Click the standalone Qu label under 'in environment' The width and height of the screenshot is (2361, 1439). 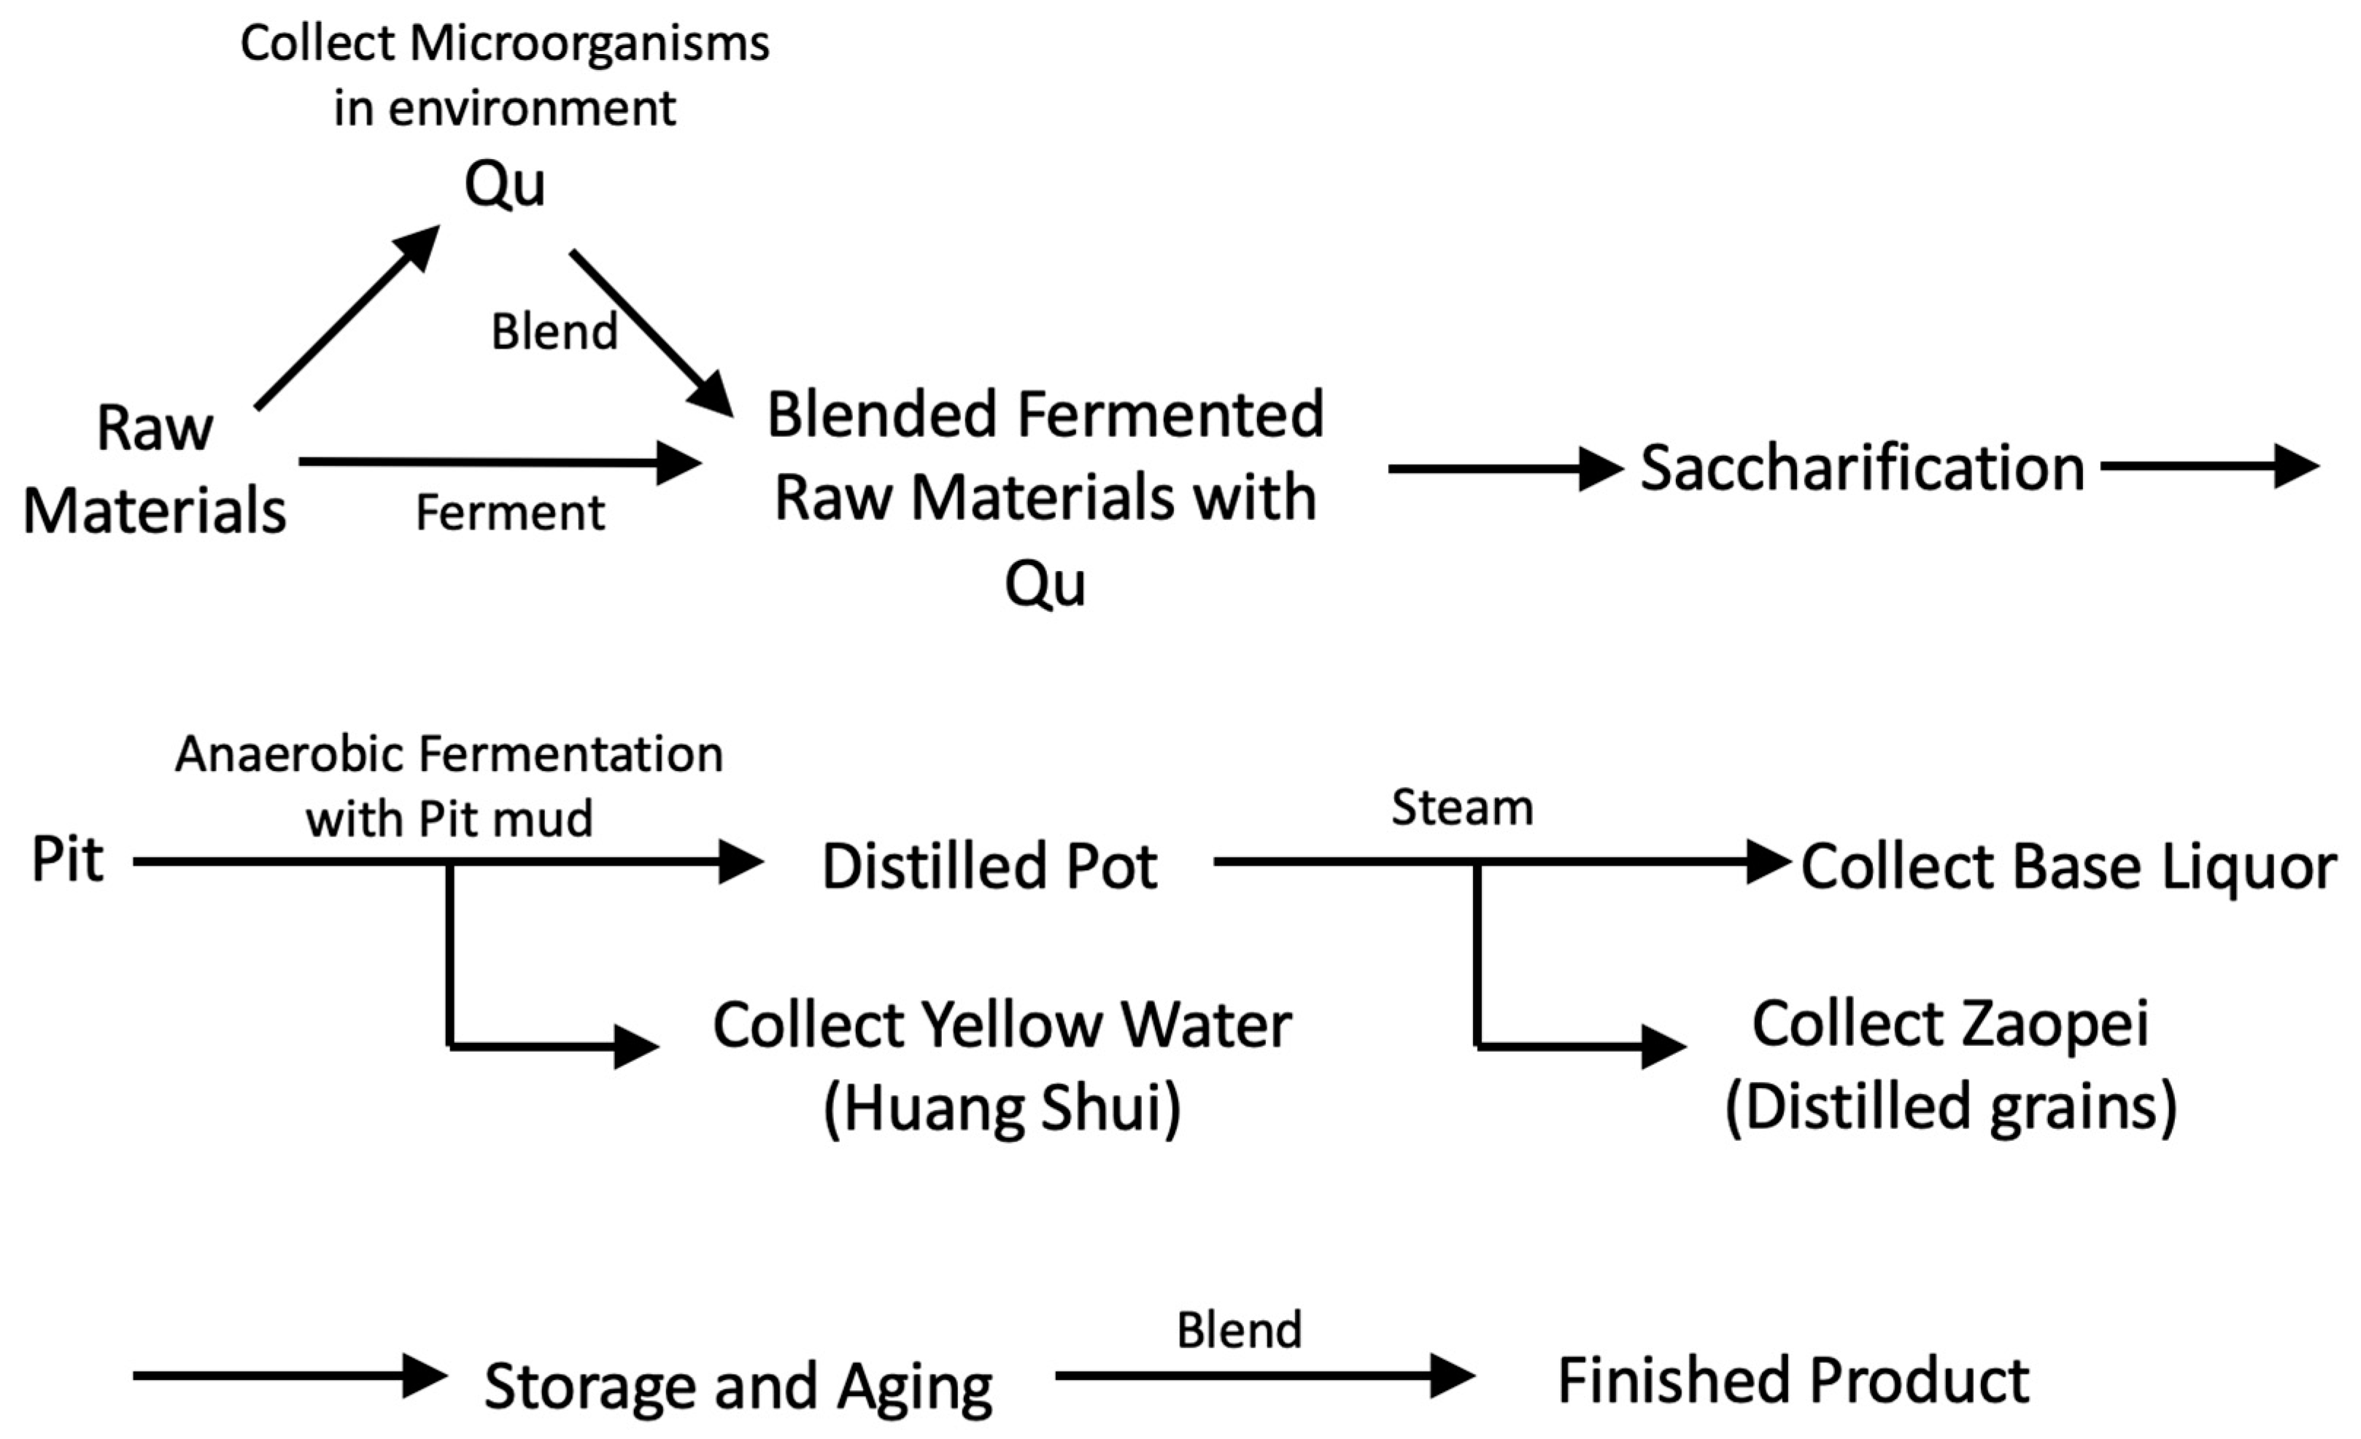(x=505, y=184)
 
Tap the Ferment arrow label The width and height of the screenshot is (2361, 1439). (x=510, y=513)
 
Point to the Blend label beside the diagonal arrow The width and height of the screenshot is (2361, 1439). (x=554, y=333)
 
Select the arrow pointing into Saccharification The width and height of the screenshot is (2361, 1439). (x=1504, y=468)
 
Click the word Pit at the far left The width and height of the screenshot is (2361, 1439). (x=67, y=859)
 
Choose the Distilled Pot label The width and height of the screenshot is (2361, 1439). (x=990, y=866)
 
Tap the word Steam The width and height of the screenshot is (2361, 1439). (x=1461, y=807)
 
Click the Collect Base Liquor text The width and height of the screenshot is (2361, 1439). (x=2068, y=867)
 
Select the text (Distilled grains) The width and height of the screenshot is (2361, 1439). (x=1951, y=1106)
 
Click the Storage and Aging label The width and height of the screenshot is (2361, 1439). (x=738, y=1386)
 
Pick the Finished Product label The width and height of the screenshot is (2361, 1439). (x=1793, y=1381)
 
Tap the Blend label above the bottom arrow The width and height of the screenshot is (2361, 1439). (x=1239, y=1330)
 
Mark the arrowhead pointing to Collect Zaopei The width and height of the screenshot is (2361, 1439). (x=1663, y=1046)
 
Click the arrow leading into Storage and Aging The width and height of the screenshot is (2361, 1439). (x=287, y=1376)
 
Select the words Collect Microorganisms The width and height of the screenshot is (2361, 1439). (x=504, y=44)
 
